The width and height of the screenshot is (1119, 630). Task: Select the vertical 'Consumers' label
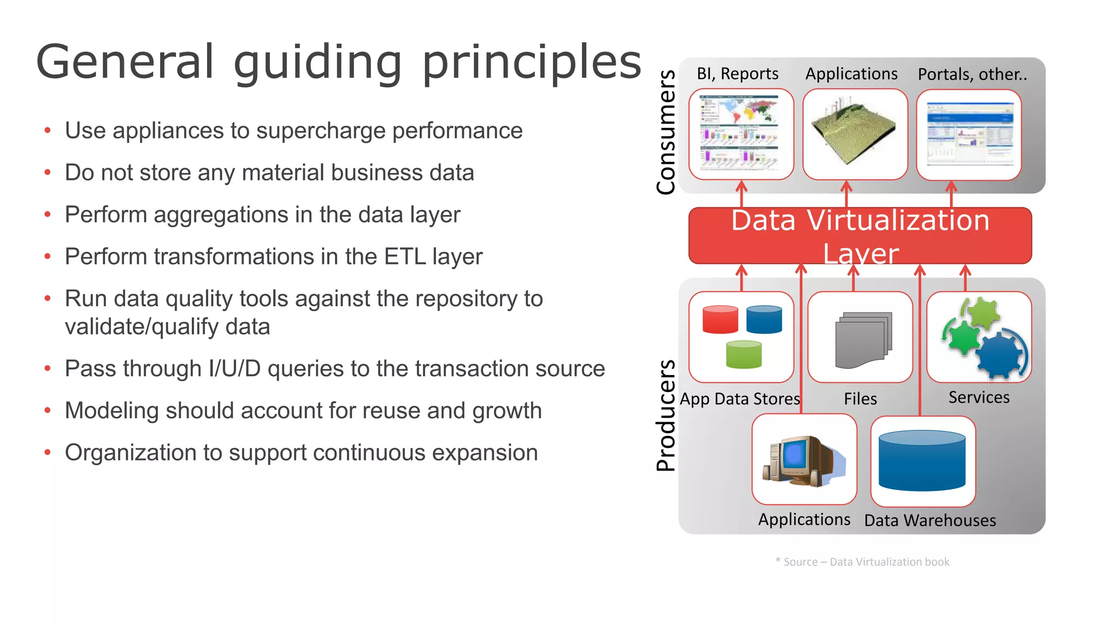(x=665, y=132)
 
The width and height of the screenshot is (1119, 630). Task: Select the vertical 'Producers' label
(x=665, y=416)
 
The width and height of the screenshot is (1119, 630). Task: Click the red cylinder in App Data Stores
(x=720, y=319)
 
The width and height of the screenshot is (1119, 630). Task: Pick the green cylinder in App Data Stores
(x=744, y=354)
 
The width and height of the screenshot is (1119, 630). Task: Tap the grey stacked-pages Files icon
(x=862, y=340)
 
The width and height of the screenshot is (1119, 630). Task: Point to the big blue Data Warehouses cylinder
(x=922, y=460)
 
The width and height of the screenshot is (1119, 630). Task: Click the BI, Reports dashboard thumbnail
(x=740, y=134)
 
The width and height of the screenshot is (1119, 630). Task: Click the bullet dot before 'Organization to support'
(x=48, y=453)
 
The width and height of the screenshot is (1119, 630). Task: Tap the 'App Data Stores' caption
(x=739, y=399)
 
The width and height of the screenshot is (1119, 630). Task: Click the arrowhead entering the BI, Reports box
(x=741, y=186)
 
